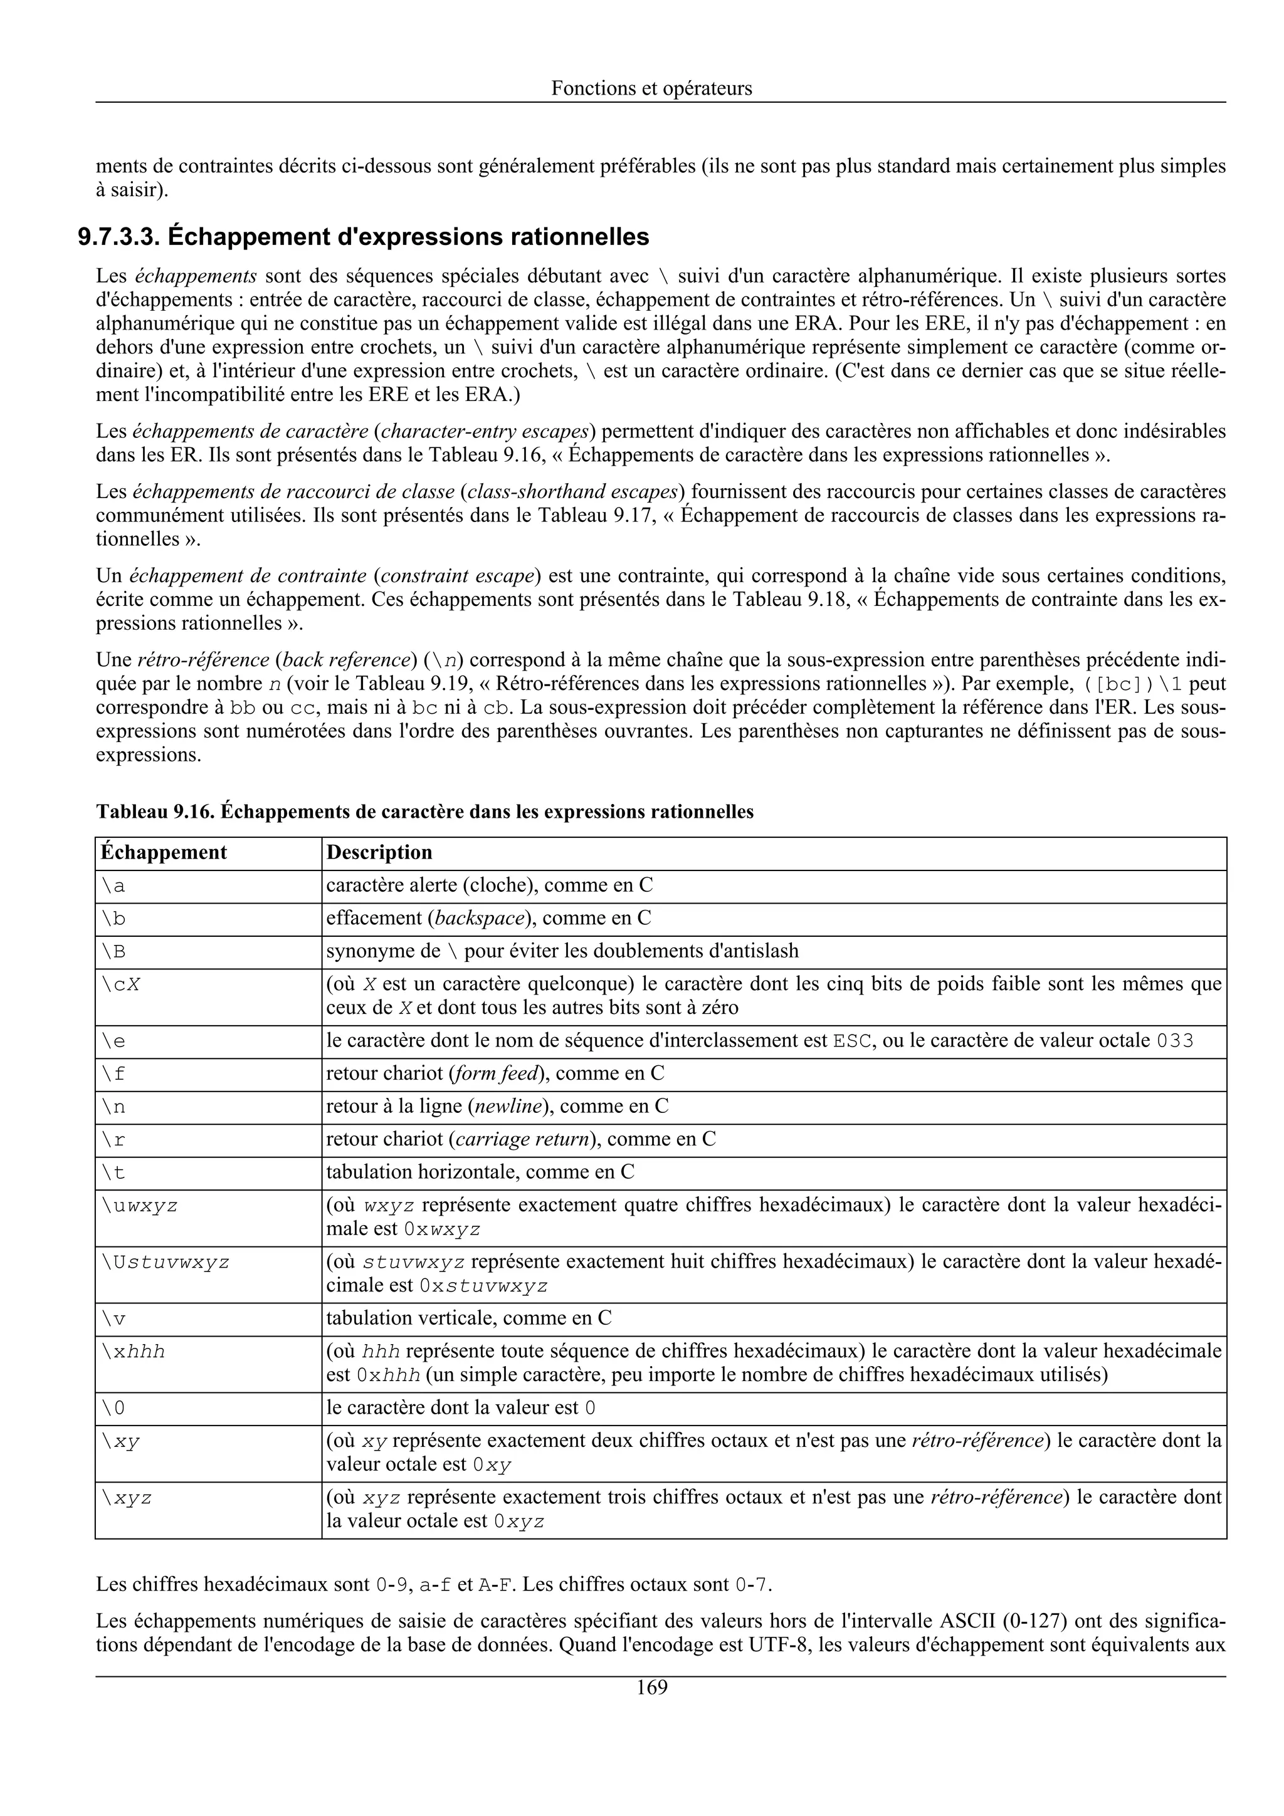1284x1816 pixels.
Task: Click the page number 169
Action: [652, 1687]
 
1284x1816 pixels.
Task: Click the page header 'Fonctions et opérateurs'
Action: [651, 88]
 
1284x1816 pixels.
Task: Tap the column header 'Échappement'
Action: [164, 853]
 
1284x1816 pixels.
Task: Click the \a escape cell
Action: [114, 887]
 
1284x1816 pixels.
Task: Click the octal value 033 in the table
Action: [1174, 1041]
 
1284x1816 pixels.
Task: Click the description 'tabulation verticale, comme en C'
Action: [468, 1318]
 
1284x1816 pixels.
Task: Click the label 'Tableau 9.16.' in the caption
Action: [155, 812]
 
